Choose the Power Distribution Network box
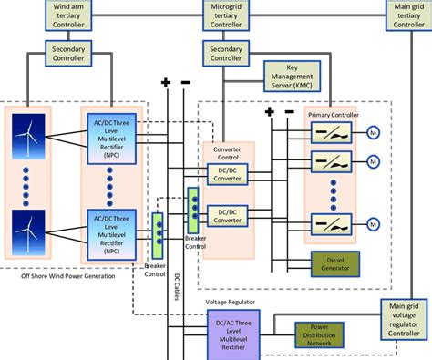(x=319, y=334)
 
